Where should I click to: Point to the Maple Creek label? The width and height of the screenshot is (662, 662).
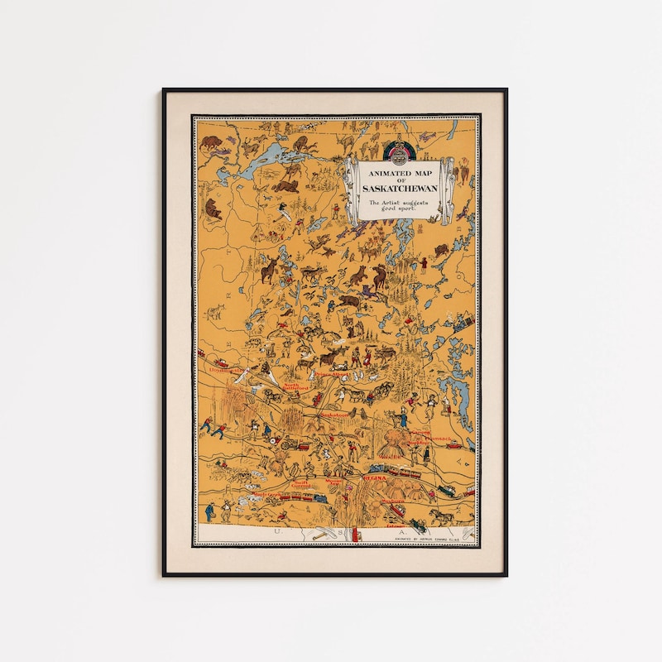(x=266, y=495)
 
